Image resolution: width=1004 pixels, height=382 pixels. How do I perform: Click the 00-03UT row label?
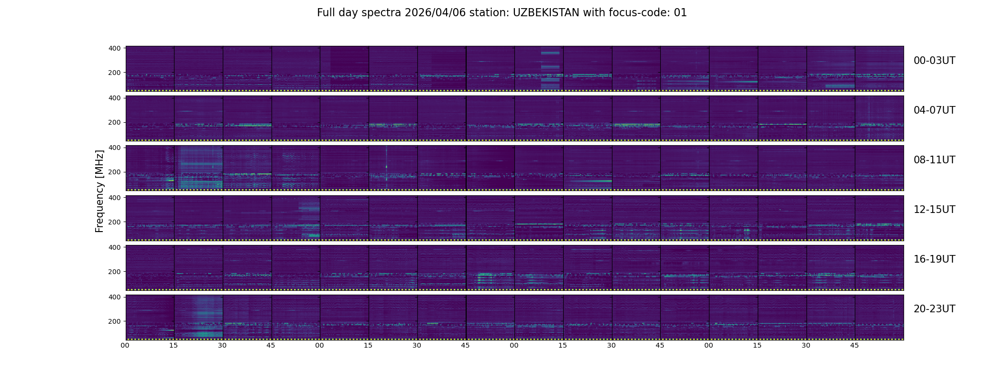point(934,61)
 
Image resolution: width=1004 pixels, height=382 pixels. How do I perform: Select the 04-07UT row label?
point(934,110)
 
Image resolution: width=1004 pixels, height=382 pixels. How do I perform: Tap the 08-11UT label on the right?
point(934,160)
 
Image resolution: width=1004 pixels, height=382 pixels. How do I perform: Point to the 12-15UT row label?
point(934,210)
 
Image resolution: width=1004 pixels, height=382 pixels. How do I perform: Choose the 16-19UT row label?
point(934,259)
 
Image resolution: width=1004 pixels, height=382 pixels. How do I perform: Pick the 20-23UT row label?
point(934,309)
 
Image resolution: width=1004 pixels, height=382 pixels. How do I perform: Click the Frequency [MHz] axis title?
point(99,191)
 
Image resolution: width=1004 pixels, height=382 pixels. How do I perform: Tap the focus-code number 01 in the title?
point(680,13)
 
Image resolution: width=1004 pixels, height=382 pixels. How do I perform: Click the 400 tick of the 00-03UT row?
point(114,48)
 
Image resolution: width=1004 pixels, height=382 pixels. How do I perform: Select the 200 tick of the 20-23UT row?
point(114,321)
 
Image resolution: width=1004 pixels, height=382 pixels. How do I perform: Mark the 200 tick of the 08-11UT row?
point(114,172)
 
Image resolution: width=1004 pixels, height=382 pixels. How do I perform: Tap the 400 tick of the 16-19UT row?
point(114,247)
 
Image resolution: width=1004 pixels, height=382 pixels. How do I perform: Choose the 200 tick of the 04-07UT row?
point(114,123)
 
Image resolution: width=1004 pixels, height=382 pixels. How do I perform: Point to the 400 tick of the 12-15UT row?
point(114,198)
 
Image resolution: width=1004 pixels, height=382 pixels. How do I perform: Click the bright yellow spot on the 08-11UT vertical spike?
point(386,166)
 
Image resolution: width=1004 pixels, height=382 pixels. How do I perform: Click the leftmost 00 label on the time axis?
point(125,345)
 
